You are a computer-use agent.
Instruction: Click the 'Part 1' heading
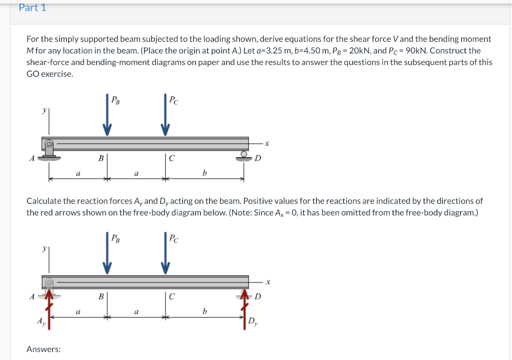click(x=32, y=8)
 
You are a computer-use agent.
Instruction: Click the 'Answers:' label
click(x=43, y=349)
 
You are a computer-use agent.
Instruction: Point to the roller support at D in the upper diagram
click(x=244, y=156)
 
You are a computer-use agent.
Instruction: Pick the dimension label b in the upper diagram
click(x=204, y=173)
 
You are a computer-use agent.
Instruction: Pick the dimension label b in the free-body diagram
click(x=204, y=312)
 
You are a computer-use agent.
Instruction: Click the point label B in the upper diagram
click(x=101, y=158)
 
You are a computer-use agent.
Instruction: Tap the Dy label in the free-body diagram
click(x=253, y=320)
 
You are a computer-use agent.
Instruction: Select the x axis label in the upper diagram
click(x=267, y=144)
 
